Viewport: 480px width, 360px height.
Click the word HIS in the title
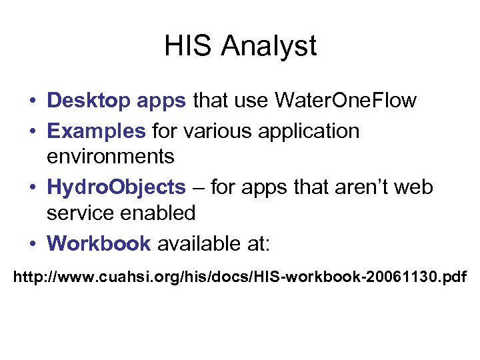189,46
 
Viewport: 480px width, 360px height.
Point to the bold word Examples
96,131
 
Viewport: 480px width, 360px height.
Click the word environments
111,157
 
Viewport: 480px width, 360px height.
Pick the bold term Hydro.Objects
116,188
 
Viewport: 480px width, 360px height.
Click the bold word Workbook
99,243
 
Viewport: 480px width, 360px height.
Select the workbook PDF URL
241,275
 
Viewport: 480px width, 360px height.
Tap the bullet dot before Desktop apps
33,101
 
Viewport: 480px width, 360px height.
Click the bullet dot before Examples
33,131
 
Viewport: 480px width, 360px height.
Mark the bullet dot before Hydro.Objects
33,188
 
